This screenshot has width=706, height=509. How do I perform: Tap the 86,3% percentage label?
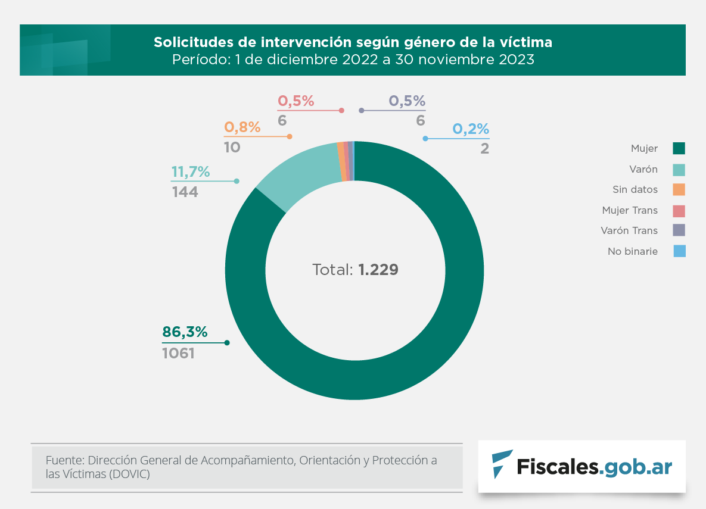[185, 332]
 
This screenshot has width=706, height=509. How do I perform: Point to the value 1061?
[179, 353]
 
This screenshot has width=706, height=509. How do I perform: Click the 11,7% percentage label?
[191, 172]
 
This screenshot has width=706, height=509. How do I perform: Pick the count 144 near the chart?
[185, 192]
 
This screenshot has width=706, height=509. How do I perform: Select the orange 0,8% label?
[242, 127]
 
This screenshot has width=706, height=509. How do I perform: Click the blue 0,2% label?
[471, 129]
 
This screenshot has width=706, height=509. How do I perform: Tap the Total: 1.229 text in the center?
[355, 270]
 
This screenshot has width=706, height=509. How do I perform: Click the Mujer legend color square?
[679, 148]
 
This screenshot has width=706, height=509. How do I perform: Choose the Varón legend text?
[643, 169]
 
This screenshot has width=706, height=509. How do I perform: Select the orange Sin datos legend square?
[679, 189]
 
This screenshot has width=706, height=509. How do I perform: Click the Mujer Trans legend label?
[630, 210]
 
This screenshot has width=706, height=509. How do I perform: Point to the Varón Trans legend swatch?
[679, 230]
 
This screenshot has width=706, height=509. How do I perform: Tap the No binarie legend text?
[633, 251]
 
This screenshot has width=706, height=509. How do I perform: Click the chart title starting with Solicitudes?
[353, 42]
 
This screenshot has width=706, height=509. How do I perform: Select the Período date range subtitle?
[353, 60]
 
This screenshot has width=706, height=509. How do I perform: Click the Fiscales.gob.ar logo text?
[593, 467]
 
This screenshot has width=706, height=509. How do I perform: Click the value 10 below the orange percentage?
[232, 147]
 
